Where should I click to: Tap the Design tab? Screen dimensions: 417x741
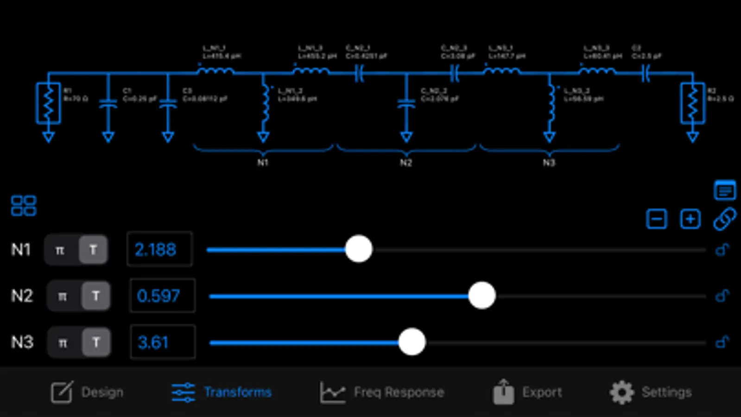click(x=88, y=392)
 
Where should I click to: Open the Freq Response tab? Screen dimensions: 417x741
click(x=382, y=392)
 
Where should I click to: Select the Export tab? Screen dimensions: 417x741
click(x=527, y=392)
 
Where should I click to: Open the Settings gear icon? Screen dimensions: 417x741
click(x=621, y=392)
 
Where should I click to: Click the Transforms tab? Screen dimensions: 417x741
click(x=222, y=392)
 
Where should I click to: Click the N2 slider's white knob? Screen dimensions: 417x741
click(x=482, y=296)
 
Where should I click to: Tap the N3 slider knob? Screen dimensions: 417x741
click(x=412, y=342)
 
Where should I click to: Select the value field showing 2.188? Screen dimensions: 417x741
click(x=159, y=250)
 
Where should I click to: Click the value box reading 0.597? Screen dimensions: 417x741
click(x=162, y=296)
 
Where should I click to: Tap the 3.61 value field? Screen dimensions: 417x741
click(x=162, y=342)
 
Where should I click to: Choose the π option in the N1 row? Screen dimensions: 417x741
click(x=60, y=250)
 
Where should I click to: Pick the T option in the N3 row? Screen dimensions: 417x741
click(x=96, y=342)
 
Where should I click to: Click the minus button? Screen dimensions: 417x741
click(x=656, y=219)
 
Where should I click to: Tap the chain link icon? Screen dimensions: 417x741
click(x=724, y=219)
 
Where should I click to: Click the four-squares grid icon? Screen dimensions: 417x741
click(x=24, y=206)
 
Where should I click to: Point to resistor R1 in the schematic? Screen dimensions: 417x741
click(x=48, y=103)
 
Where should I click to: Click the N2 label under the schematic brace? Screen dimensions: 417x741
click(x=406, y=163)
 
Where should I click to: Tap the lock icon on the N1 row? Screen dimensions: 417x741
click(x=722, y=250)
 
